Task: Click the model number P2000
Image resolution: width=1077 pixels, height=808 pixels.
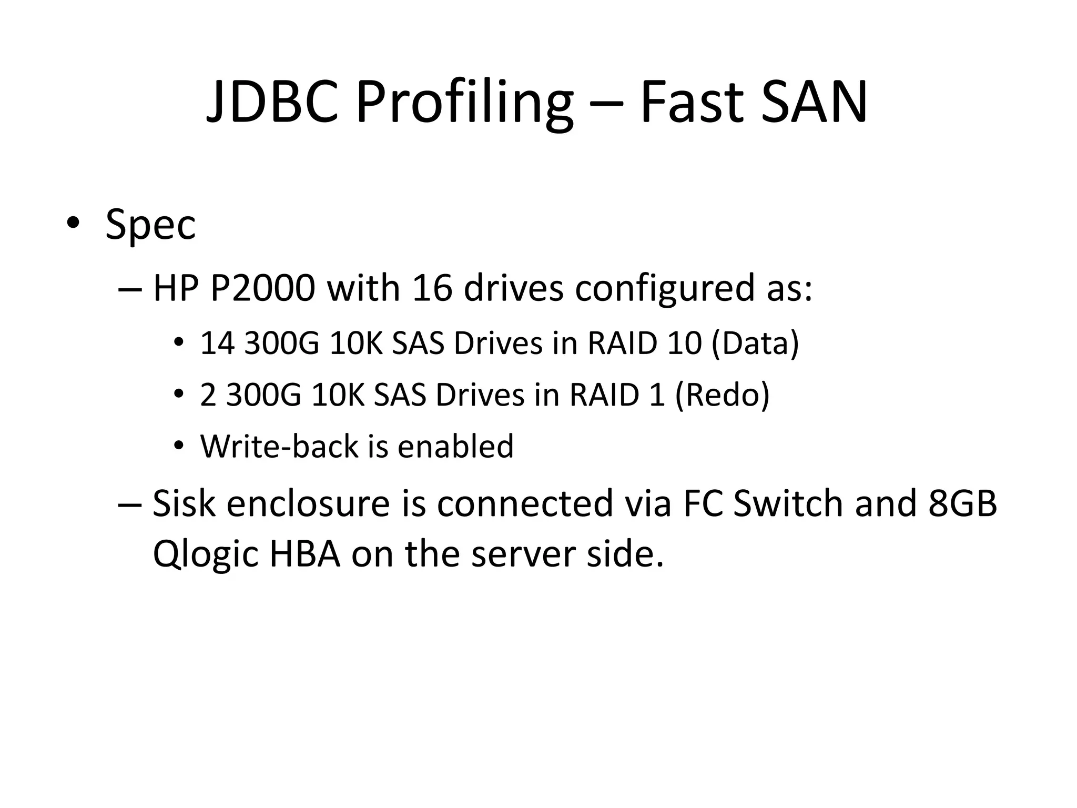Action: point(262,288)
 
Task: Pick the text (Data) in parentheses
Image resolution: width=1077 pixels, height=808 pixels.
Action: point(755,344)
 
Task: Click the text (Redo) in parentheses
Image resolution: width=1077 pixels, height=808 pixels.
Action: point(722,396)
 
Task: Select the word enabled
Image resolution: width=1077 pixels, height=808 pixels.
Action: point(455,447)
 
